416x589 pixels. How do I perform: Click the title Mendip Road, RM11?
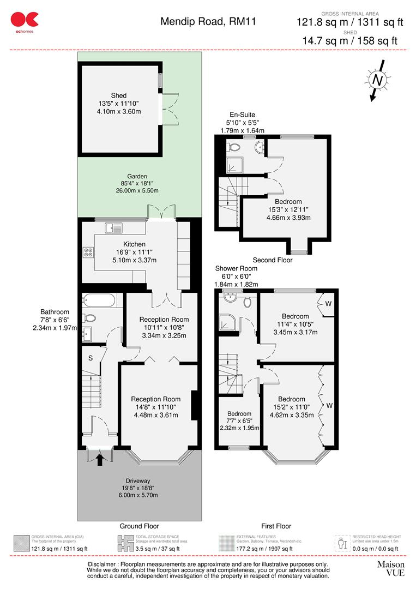[x=208, y=22]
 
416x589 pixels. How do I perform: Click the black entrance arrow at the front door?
[x=99, y=460]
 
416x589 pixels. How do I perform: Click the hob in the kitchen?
[x=88, y=252]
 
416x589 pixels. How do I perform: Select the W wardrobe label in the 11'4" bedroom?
[x=328, y=303]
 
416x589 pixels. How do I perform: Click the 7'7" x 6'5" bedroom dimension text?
[x=240, y=421]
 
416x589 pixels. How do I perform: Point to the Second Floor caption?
[x=272, y=260]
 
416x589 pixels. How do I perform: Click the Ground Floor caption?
[x=139, y=526]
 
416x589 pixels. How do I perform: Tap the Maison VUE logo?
[x=391, y=568]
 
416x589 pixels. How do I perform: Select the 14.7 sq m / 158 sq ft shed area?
[x=350, y=40]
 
